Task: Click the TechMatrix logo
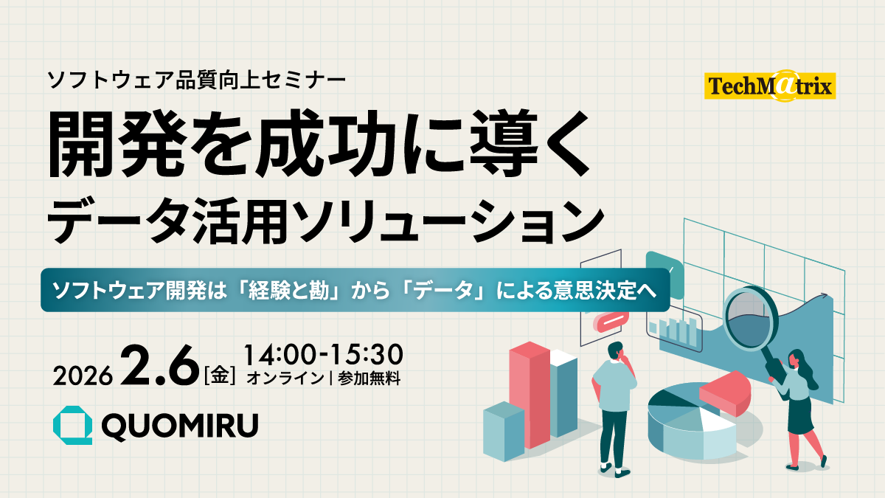pos(770,86)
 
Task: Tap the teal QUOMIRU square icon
pos(73,425)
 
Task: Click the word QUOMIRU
pos(180,426)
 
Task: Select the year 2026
pos(83,376)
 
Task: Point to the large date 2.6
pos(159,366)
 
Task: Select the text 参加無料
pos(369,378)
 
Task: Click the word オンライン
pos(285,378)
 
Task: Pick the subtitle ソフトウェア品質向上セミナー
pos(196,80)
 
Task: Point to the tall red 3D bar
pos(530,395)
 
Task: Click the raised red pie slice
pos(725,392)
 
